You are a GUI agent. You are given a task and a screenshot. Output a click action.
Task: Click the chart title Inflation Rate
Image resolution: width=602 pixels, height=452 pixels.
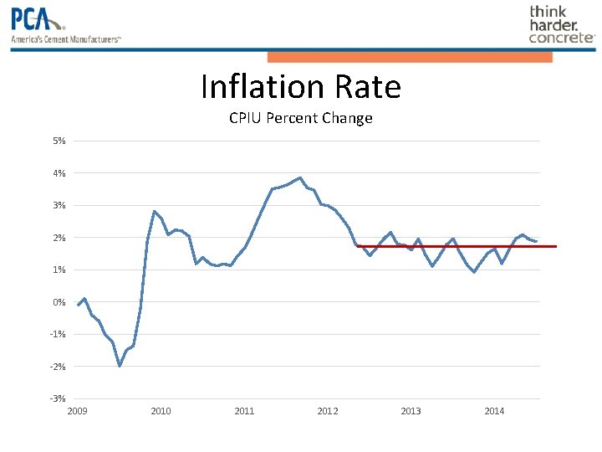click(x=300, y=87)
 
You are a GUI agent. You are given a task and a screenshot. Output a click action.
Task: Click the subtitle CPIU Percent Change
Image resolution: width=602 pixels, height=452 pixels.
click(x=300, y=118)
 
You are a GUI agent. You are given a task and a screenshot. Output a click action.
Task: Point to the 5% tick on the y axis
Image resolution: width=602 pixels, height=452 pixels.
click(x=59, y=141)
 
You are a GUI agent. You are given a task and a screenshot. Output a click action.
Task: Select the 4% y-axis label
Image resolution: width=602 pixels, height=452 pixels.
click(x=59, y=173)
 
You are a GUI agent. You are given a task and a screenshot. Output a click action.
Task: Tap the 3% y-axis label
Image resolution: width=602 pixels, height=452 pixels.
click(x=59, y=205)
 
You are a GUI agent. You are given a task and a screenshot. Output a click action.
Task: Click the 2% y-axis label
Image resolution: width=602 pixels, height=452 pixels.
click(x=59, y=238)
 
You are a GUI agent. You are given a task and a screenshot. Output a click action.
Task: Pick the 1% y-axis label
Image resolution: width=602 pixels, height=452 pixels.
click(x=59, y=270)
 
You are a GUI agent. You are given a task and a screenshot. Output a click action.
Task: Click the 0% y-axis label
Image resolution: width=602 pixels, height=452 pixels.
click(x=59, y=302)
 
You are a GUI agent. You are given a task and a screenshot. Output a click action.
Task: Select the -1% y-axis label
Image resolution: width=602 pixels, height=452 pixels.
click(x=59, y=334)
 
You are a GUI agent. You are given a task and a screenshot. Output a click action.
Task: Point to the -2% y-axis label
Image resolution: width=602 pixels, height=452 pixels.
click(x=59, y=367)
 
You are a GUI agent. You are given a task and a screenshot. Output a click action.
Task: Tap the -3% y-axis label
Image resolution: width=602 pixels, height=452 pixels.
click(x=59, y=398)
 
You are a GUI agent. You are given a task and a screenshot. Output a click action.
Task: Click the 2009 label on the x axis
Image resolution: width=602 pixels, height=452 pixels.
click(x=77, y=411)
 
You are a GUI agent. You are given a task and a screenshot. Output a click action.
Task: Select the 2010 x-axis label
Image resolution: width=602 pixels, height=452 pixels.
click(x=161, y=411)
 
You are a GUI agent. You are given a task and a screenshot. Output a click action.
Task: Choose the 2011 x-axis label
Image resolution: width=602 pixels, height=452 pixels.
click(x=244, y=411)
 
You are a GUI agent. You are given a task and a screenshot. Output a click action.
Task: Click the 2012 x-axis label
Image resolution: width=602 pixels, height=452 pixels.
click(x=328, y=411)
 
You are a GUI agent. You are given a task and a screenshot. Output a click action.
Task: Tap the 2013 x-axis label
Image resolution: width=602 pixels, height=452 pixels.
click(x=411, y=411)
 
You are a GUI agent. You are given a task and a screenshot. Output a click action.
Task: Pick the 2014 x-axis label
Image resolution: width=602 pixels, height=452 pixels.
click(x=494, y=411)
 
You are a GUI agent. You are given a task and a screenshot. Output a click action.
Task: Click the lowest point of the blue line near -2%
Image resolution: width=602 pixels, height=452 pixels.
click(x=120, y=366)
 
